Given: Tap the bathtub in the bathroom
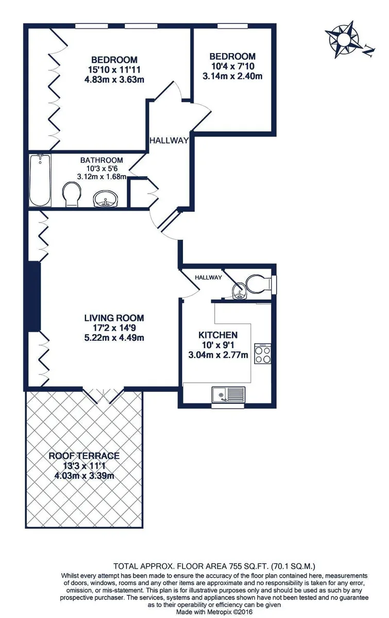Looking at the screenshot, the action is click(40, 180).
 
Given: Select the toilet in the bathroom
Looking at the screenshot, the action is click(72, 194).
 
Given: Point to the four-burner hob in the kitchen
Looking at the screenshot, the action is click(262, 353).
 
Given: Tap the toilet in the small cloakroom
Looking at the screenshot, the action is click(259, 284).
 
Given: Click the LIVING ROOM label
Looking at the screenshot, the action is click(114, 318).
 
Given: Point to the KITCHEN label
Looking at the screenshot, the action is click(218, 335).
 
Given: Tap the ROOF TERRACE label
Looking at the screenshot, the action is click(84, 455).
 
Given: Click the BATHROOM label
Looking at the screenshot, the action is click(102, 160).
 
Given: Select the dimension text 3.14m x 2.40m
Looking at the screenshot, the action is click(232, 76).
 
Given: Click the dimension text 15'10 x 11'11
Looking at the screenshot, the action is click(114, 70).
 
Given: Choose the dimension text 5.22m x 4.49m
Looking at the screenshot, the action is click(114, 337).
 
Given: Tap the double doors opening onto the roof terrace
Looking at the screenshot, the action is click(103, 395).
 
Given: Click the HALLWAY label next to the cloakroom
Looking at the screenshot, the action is click(209, 277).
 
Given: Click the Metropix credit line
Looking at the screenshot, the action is click(214, 612).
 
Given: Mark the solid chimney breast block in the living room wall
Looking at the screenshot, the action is click(35, 296).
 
